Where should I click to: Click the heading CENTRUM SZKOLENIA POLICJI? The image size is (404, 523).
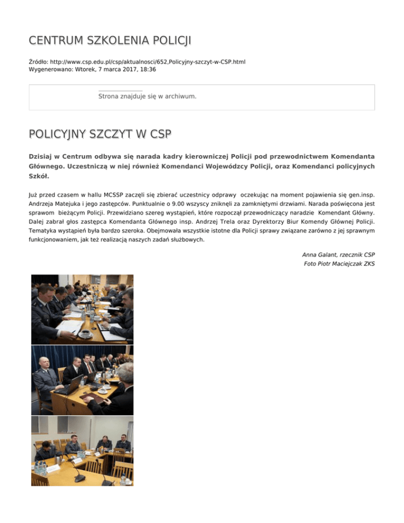(x=110, y=41)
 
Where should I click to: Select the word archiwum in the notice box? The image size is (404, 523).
(x=179, y=96)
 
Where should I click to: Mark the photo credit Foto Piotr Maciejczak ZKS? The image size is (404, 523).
(x=339, y=264)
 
